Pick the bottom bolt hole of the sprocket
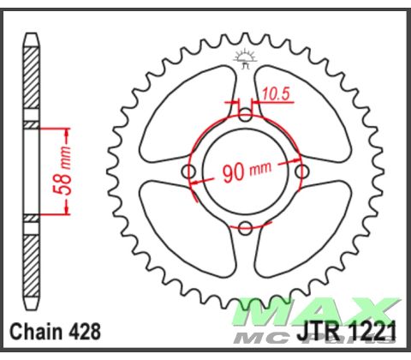click(x=245, y=227)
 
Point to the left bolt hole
click(x=189, y=172)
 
